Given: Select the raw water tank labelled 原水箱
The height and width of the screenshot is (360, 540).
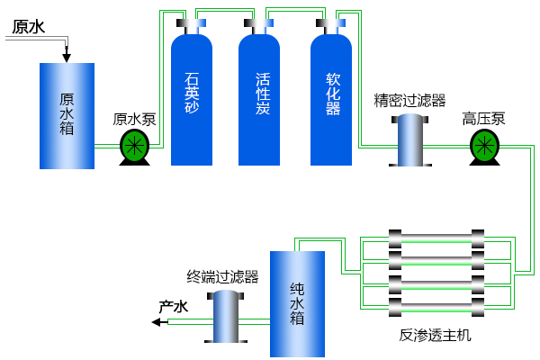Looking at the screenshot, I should click(67, 115).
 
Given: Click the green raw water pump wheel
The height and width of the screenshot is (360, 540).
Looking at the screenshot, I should click(135, 144).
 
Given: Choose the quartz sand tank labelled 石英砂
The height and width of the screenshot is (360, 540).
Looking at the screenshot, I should click(192, 94).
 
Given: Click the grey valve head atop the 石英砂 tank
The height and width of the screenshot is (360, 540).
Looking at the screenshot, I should click(192, 22).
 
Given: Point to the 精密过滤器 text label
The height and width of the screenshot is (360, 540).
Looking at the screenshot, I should click(410, 101).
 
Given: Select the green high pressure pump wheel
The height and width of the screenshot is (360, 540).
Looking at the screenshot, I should click(484, 144).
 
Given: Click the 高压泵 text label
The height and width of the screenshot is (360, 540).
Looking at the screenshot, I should click(484, 119).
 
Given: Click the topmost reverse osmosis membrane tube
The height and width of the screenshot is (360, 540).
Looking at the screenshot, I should click(436, 248).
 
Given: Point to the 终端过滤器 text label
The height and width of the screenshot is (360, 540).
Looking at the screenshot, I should click(222, 277).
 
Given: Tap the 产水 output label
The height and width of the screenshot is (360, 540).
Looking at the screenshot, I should click(174, 307).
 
